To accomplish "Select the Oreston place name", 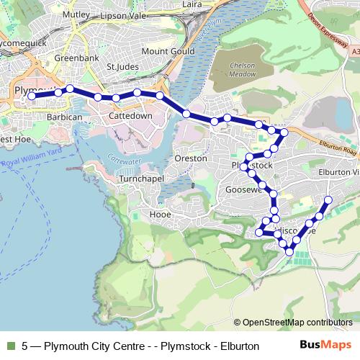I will point(191,158).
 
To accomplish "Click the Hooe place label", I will point(159,214).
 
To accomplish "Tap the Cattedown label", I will point(130,115).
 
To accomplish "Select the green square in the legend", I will point(10,346).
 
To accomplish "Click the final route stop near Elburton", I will point(328,199).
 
